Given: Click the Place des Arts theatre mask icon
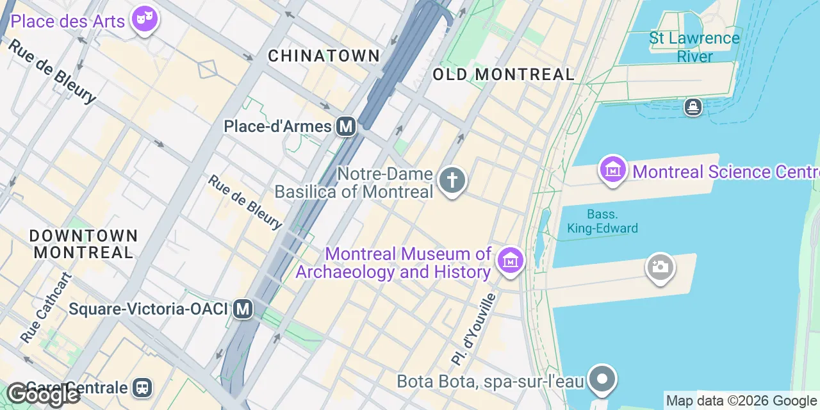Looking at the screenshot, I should click(144, 19).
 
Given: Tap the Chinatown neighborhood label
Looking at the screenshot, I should click(324, 56).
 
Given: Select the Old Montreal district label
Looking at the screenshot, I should click(503, 74).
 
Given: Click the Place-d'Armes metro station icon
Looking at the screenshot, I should click(346, 126).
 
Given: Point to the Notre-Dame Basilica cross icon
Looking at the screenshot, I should click(452, 180).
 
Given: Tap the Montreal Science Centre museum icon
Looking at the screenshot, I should click(613, 170).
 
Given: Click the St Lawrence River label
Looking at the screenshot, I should click(694, 47).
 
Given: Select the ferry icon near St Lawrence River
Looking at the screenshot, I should click(693, 106).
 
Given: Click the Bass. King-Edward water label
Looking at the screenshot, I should click(602, 221).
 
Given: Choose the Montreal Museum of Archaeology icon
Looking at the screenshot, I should click(510, 260).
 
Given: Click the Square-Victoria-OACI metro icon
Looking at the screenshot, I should click(243, 309).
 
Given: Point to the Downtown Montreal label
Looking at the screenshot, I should click(83, 244).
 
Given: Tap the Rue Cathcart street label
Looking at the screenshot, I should click(46, 307).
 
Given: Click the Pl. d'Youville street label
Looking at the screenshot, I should click(473, 329).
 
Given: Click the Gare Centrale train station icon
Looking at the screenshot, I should click(142, 387).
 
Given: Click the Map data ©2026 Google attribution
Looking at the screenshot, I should click(741, 401).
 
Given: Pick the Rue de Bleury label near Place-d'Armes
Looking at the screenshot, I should click(245, 202).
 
